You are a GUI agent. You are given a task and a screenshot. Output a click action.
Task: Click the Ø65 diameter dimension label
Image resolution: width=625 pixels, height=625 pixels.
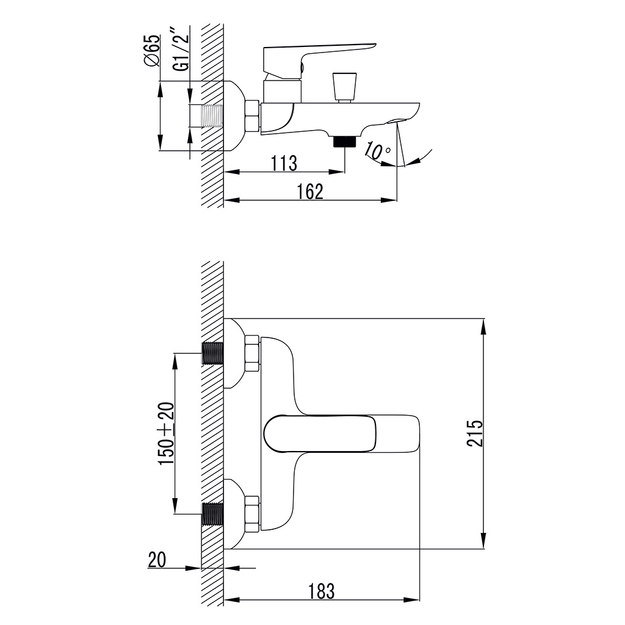(x=152, y=51)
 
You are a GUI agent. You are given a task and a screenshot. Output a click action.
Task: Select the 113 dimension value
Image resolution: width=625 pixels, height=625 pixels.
(x=284, y=163)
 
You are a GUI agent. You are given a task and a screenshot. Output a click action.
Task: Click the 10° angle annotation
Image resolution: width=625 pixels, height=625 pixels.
(x=377, y=151)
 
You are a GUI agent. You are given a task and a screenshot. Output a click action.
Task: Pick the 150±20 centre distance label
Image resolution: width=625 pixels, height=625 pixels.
(x=167, y=433)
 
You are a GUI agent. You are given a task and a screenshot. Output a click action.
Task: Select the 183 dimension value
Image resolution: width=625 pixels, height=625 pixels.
(x=322, y=591)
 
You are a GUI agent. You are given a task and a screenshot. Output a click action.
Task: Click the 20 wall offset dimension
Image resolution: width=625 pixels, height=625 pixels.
(x=157, y=560)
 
